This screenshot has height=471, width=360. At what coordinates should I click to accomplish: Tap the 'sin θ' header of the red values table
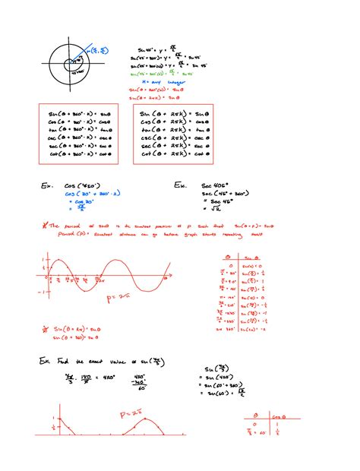coord(257,267)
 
